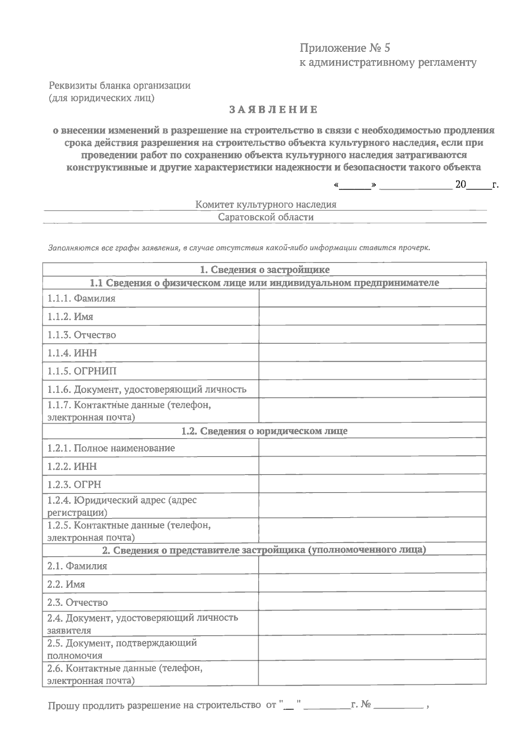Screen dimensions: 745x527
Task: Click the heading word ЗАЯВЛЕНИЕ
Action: tap(273, 110)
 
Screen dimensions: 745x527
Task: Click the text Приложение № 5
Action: tap(345, 48)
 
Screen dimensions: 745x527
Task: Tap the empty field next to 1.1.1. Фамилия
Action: tap(372, 298)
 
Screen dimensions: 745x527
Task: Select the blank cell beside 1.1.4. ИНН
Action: tap(372, 353)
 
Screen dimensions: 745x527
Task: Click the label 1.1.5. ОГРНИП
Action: tap(82, 371)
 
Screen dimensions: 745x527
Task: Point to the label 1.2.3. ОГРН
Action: tap(74, 484)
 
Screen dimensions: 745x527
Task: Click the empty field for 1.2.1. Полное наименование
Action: tap(372, 448)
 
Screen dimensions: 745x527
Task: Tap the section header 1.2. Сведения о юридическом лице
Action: tap(264, 431)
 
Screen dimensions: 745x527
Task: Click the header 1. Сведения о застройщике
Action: tap(264, 269)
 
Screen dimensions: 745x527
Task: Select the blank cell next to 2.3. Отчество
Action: tap(372, 602)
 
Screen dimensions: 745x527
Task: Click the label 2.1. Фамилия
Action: tap(77, 566)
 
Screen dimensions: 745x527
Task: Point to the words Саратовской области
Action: tap(266, 217)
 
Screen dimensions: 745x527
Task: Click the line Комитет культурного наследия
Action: tap(266, 204)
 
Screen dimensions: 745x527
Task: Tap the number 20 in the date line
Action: tap(460, 184)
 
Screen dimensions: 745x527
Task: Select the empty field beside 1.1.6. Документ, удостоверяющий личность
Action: tap(372, 389)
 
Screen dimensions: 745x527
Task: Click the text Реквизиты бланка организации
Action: tap(119, 85)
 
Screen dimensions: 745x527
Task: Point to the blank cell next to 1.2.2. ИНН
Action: tap(372, 466)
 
